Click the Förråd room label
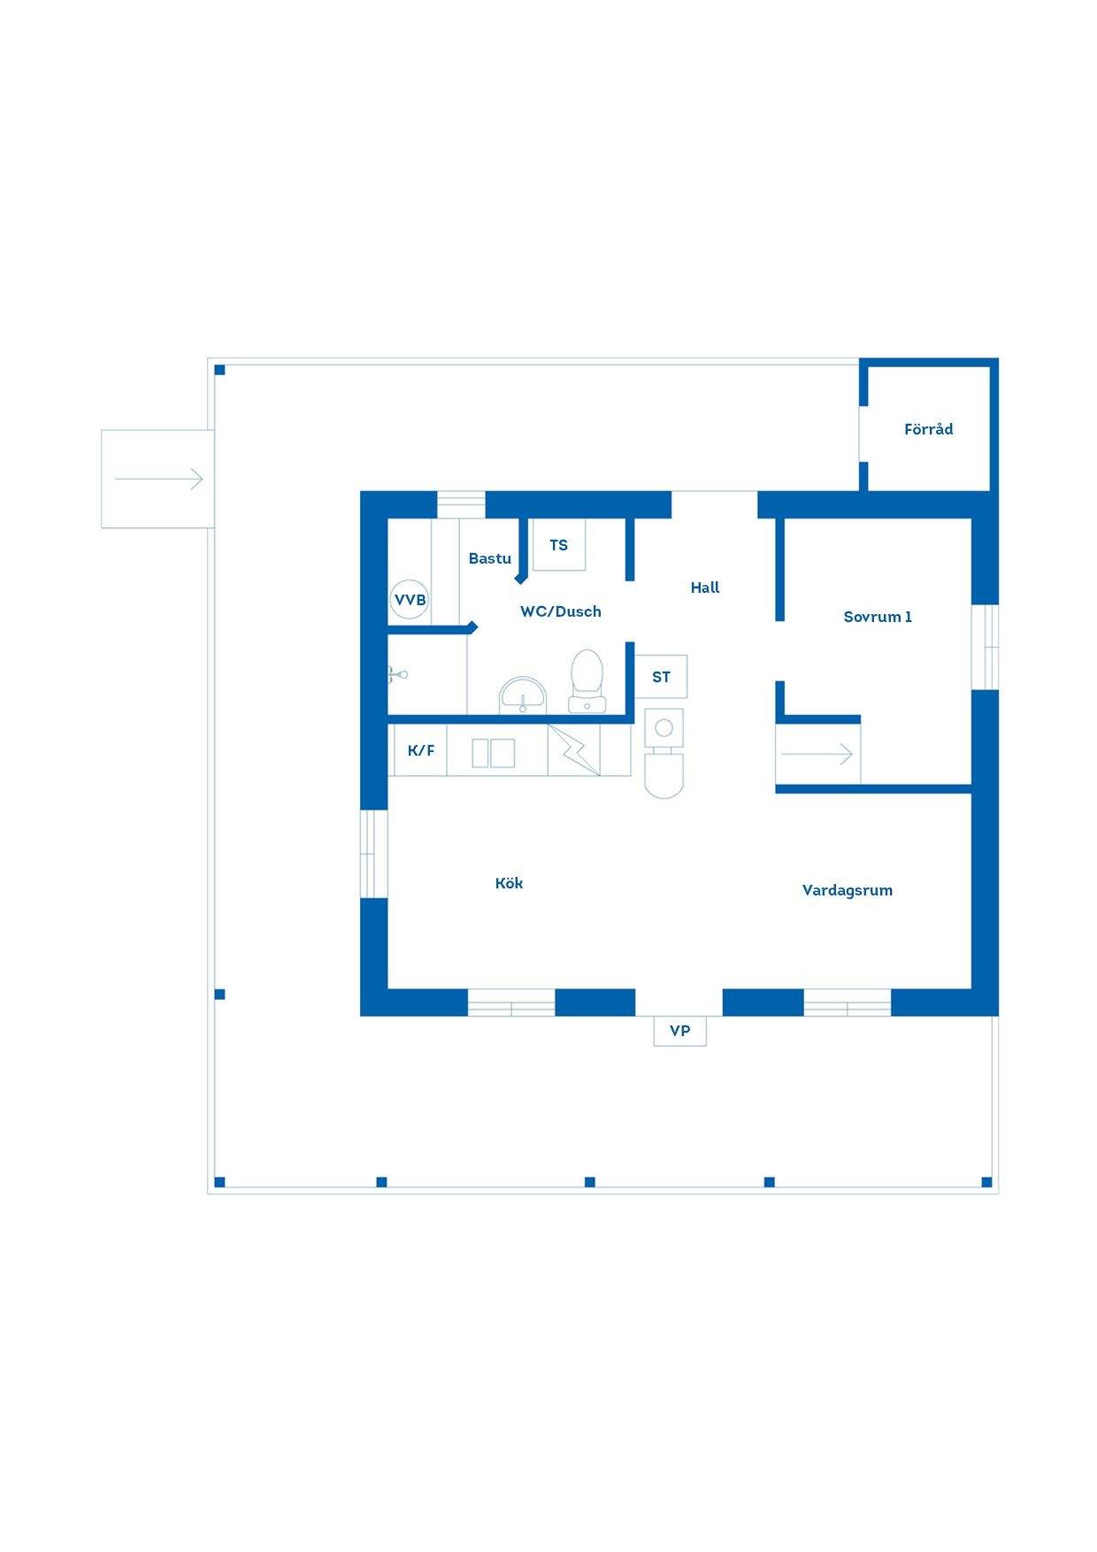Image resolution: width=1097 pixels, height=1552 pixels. pyautogui.click(x=928, y=429)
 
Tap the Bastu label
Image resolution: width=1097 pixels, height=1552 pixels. pyautogui.click(x=490, y=558)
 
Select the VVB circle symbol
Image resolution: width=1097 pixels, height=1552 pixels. pyautogui.click(x=410, y=600)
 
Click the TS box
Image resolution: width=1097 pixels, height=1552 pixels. pyautogui.click(x=558, y=545)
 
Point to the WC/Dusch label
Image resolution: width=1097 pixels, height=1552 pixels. pyautogui.click(x=561, y=611)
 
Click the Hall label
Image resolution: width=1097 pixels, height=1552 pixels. pyautogui.click(x=705, y=588)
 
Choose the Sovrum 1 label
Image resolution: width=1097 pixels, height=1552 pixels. pyautogui.click(x=878, y=617)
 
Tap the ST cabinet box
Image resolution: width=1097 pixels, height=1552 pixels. pyautogui.click(x=661, y=677)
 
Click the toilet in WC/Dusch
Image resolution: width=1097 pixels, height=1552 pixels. pyautogui.click(x=587, y=681)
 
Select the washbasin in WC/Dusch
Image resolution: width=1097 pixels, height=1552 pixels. pyautogui.click(x=523, y=695)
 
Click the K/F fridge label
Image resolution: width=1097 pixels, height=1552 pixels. pyautogui.click(x=421, y=751)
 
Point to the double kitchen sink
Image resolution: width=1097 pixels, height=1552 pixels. pyautogui.click(x=494, y=753)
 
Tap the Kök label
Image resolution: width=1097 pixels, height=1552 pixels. pyautogui.click(x=509, y=883)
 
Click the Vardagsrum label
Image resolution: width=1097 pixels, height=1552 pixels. pyautogui.click(x=848, y=890)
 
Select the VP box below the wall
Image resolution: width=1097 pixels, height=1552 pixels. pyautogui.click(x=680, y=1031)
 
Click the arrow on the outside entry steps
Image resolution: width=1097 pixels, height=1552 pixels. pyautogui.click(x=159, y=480)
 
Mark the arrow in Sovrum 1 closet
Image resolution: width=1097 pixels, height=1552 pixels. pyautogui.click(x=817, y=754)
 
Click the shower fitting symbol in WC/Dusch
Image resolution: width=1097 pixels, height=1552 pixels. pyautogui.click(x=397, y=675)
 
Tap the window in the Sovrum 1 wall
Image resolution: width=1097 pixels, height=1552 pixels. pyautogui.click(x=986, y=647)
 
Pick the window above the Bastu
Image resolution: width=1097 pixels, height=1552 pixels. pyautogui.click(x=461, y=504)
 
